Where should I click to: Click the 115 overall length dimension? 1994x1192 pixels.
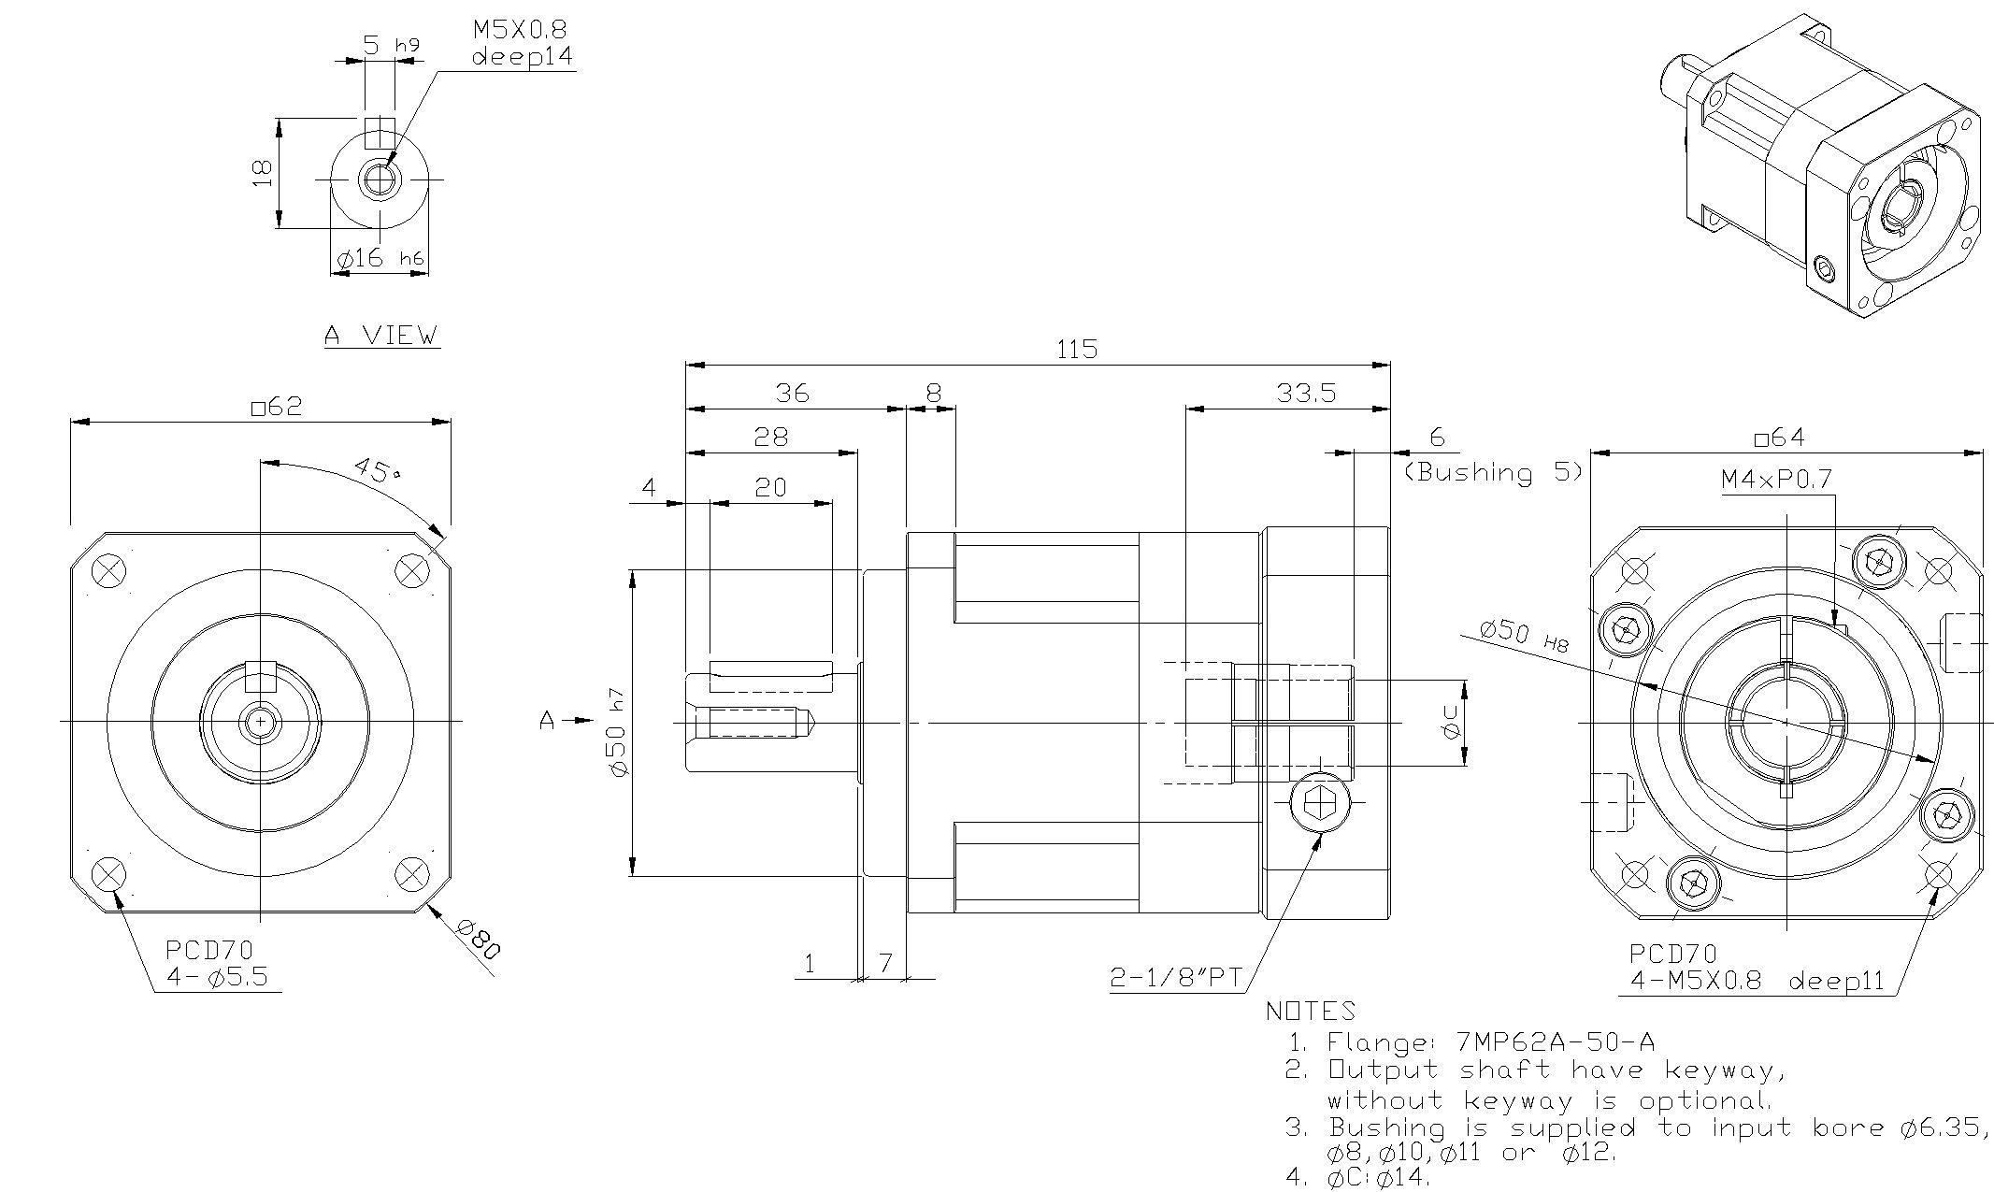pyautogui.click(x=1076, y=350)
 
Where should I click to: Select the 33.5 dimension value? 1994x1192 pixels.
pyautogui.click(x=1306, y=394)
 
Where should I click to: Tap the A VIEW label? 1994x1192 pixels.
pyautogui.click(x=381, y=336)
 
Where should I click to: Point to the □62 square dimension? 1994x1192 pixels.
pyautogui.click(x=277, y=407)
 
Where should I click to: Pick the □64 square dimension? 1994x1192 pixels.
pyautogui.click(x=1779, y=438)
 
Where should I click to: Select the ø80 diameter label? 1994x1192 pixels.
pyautogui.click(x=480, y=939)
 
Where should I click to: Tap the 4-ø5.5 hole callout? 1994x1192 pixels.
pyautogui.click(x=218, y=977)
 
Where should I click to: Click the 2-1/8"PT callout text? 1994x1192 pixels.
pyautogui.click(x=1176, y=979)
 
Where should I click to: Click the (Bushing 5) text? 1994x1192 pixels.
pyautogui.click(x=1494, y=472)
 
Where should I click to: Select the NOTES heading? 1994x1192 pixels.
pyautogui.click(x=1311, y=1011)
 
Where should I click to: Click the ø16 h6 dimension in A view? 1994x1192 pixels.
pyautogui.click(x=380, y=259)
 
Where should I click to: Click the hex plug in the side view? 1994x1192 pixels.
pyautogui.click(x=1319, y=802)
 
